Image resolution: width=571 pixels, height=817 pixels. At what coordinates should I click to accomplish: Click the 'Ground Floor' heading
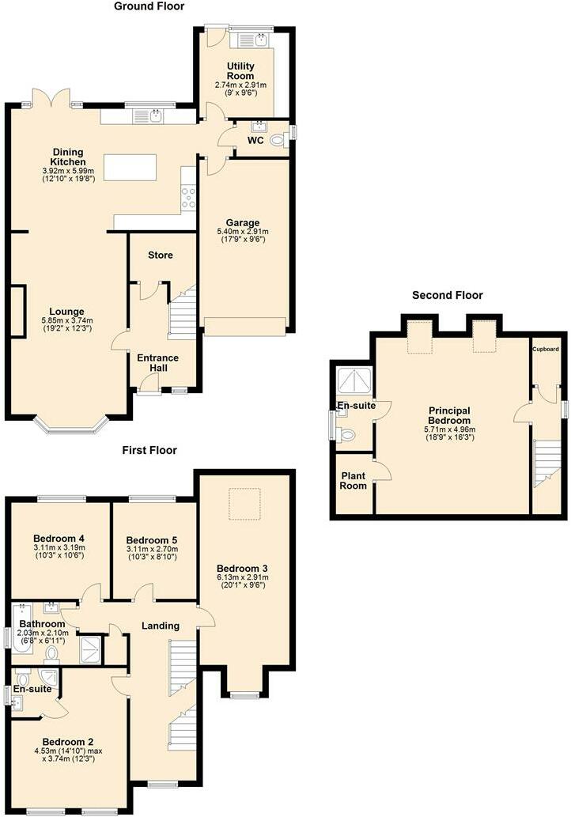pyautogui.click(x=149, y=6)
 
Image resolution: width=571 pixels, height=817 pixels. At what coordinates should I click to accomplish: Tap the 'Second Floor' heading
pyautogui.click(x=447, y=295)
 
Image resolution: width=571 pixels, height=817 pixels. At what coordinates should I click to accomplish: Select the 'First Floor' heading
pyautogui.click(x=149, y=450)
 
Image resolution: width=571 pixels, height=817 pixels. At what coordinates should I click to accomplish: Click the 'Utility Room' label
pyautogui.click(x=240, y=71)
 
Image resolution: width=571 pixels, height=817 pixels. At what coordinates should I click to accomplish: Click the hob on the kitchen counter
pyautogui.click(x=188, y=198)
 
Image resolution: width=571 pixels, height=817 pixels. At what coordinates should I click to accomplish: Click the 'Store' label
pyautogui.click(x=161, y=255)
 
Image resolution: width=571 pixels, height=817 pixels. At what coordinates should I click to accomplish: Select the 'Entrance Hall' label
pyautogui.click(x=158, y=363)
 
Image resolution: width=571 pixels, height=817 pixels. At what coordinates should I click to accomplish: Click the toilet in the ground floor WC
pyautogui.click(x=277, y=141)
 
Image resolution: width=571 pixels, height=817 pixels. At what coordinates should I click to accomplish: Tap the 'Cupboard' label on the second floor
pyautogui.click(x=545, y=349)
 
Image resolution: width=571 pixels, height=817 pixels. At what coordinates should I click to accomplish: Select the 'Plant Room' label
pyautogui.click(x=354, y=481)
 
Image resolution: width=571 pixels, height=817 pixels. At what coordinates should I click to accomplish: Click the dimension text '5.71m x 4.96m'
pyautogui.click(x=449, y=430)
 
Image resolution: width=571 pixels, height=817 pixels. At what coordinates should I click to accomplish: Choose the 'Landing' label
pyautogui.click(x=161, y=626)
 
